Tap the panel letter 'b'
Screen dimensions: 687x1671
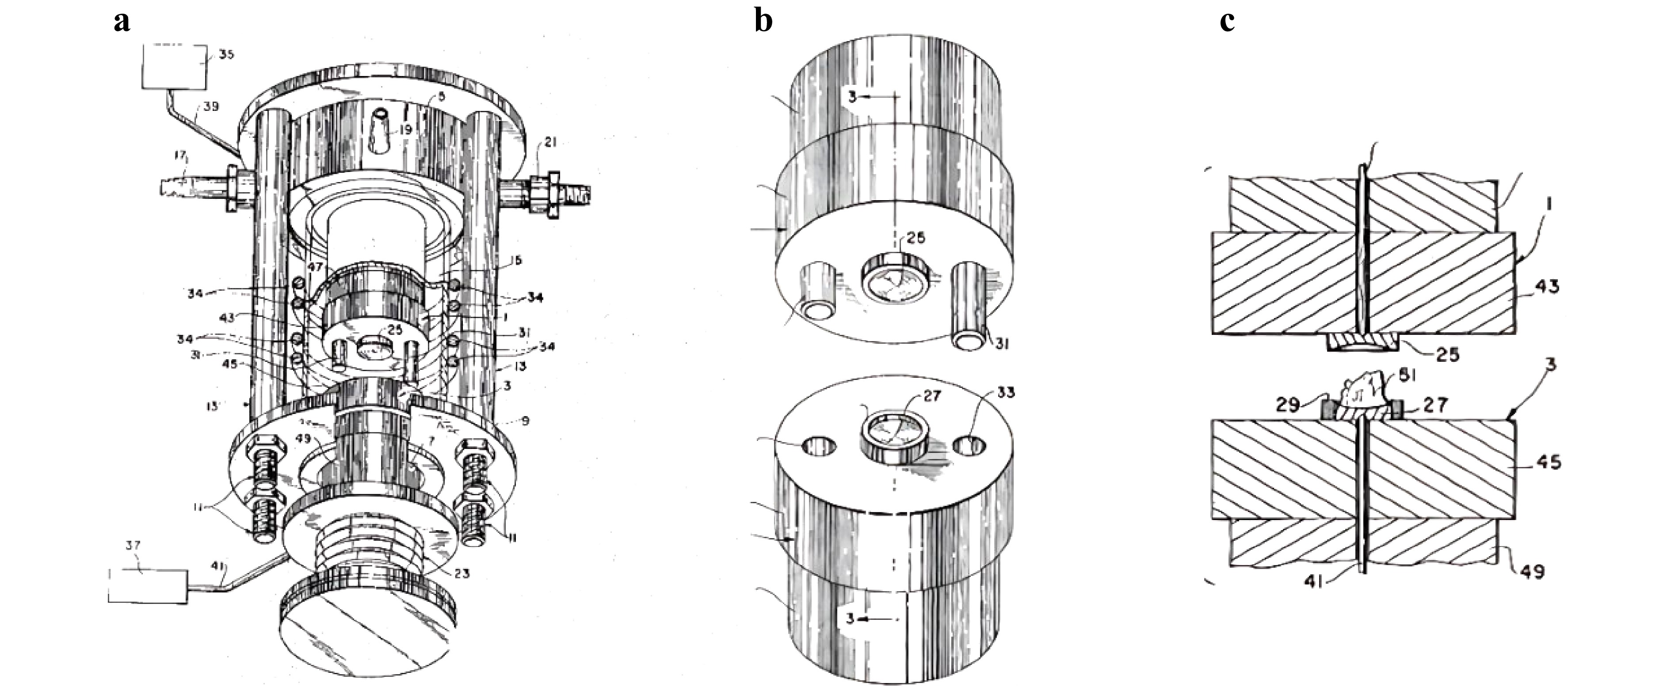(x=763, y=21)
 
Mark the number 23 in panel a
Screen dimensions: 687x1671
(x=462, y=573)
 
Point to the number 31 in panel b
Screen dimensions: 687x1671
(x=1002, y=344)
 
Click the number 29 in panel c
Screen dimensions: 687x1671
(x=1288, y=405)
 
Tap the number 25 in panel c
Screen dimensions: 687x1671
(x=1447, y=354)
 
